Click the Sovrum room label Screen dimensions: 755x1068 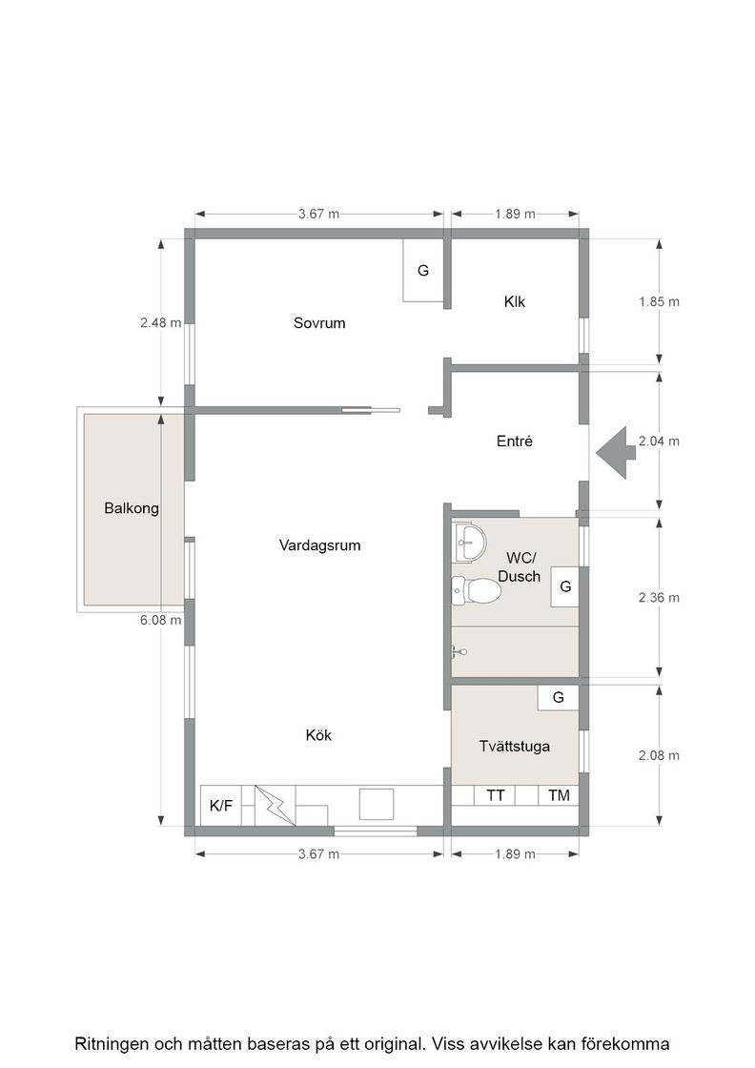tap(319, 323)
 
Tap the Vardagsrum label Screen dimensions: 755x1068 tap(319, 545)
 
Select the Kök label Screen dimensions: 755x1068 tap(318, 735)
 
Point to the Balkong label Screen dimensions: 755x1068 tap(132, 508)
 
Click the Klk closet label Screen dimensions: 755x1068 tap(515, 301)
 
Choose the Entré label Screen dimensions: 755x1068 tap(515, 442)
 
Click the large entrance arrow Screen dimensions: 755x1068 tap(616, 453)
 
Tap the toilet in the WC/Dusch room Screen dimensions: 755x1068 tap(477, 591)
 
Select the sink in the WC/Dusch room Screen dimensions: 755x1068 tap(469, 543)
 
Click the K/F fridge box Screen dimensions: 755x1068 tap(220, 806)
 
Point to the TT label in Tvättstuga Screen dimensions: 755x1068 tap(496, 795)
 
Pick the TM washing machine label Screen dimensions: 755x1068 tap(559, 795)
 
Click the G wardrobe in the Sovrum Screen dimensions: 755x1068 tap(423, 271)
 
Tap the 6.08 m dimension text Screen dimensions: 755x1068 tap(161, 621)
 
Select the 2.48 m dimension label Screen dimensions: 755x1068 tap(161, 323)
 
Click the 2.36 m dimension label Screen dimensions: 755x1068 tap(659, 598)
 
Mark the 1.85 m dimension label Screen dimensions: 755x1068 tap(659, 301)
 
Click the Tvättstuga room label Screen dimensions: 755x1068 tap(515, 747)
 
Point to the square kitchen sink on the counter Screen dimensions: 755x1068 tap(377, 805)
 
